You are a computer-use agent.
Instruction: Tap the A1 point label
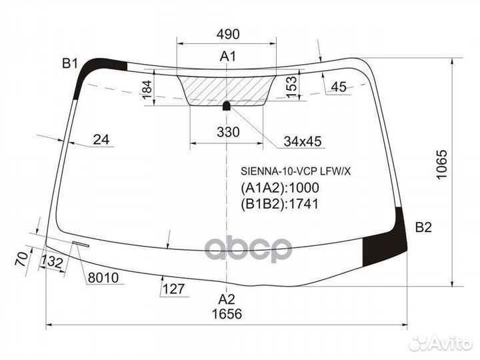tap(229, 57)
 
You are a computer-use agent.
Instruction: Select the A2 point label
tap(227, 299)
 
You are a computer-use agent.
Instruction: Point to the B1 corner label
tap(71, 64)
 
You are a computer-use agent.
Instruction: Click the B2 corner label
tap(423, 227)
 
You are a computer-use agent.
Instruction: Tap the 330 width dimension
tap(228, 132)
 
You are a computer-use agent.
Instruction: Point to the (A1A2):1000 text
tap(281, 188)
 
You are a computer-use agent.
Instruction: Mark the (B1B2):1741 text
tap(280, 204)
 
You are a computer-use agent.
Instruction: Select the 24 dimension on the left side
tap(101, 139)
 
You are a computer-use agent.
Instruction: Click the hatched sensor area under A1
tap(227, 88)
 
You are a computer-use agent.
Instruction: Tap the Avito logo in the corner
tap(441, 343)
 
